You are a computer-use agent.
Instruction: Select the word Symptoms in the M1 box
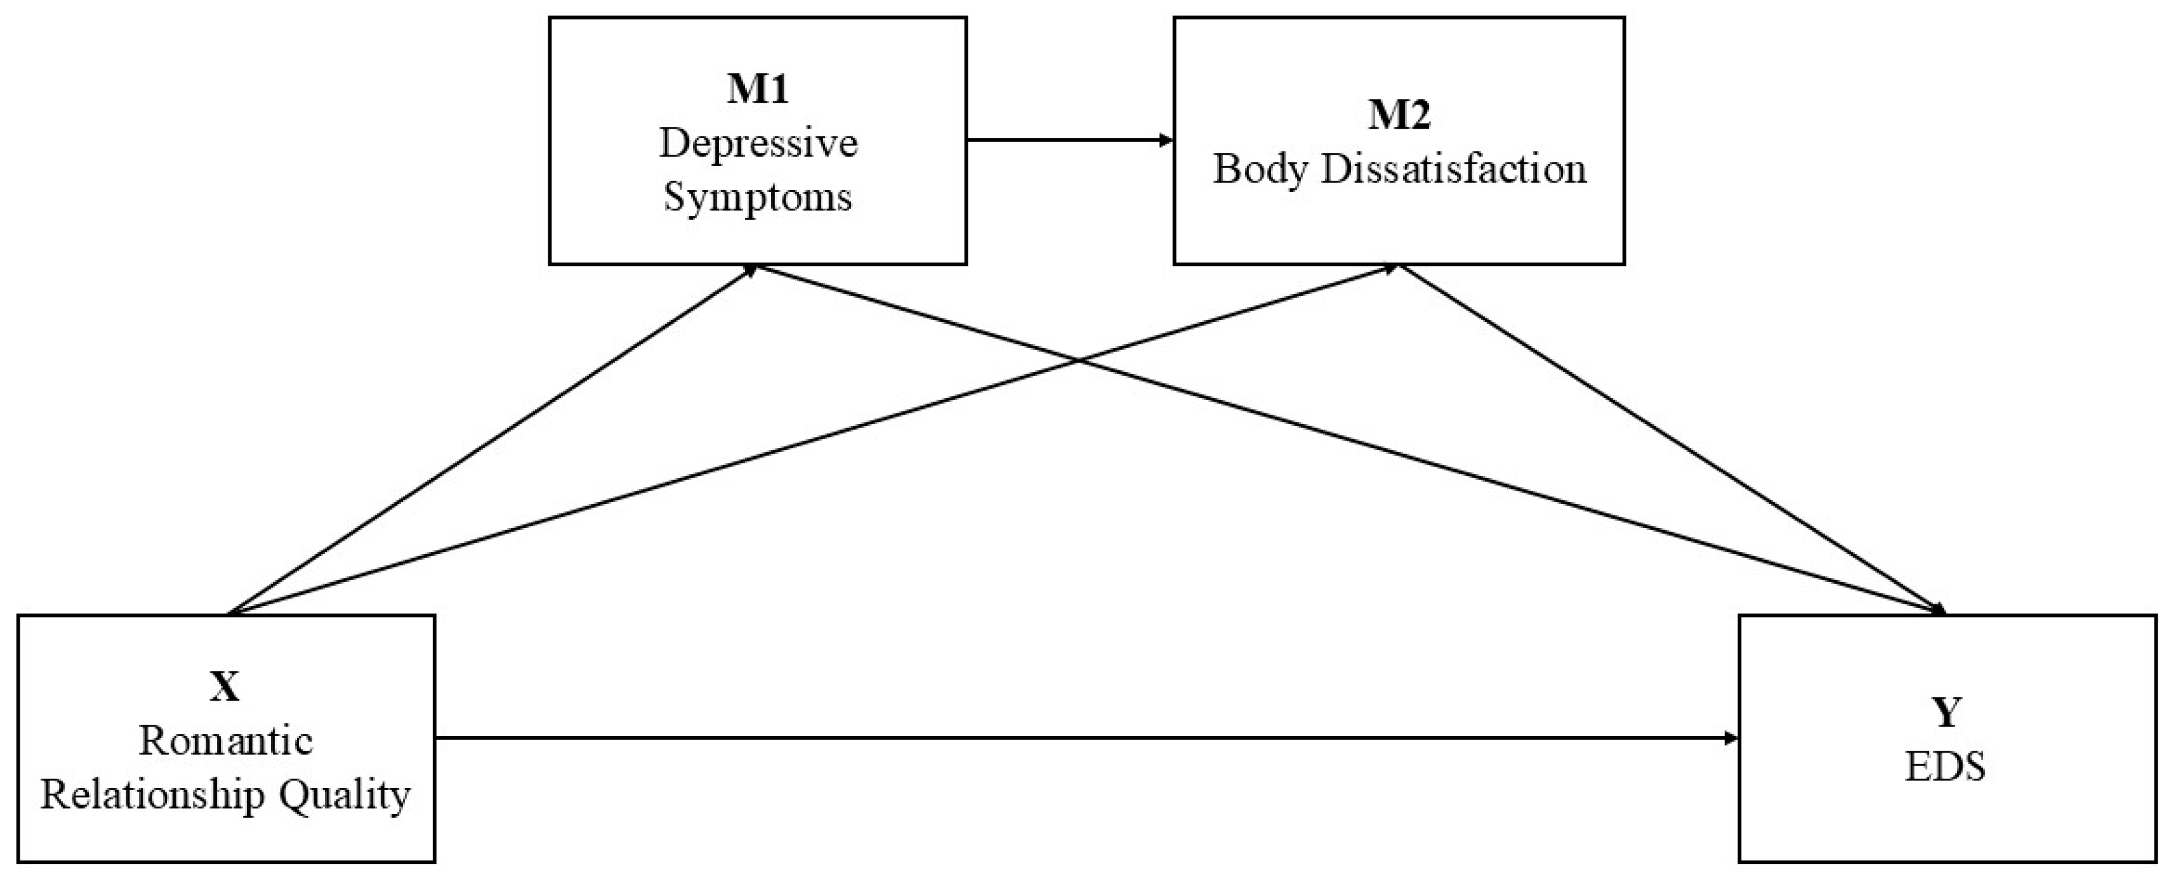coord(758,197)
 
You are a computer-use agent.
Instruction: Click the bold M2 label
coord(1399,115)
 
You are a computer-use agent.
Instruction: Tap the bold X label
coord(225,687)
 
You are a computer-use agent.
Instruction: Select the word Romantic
coord(225,741)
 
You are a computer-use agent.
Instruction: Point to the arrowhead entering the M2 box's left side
coord(1166,141)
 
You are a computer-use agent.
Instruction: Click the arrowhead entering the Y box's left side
coord(1731,739)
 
